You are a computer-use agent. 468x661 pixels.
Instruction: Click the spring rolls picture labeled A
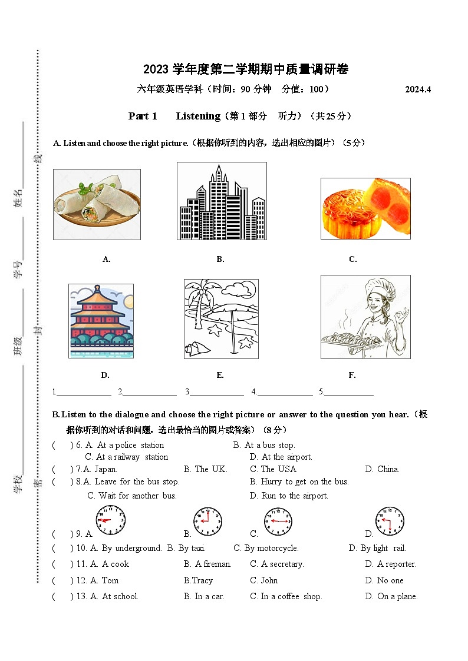point(97,204)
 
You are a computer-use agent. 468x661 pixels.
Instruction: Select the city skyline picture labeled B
point(222,201)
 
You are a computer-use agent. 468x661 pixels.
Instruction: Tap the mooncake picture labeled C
point(365,208)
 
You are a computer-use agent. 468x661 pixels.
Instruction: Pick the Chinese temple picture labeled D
point(101,321)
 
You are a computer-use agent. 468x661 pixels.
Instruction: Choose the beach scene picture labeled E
point(220,318)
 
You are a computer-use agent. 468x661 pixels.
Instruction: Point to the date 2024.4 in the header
point(418,89)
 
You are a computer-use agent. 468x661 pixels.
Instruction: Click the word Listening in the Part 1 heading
point(198,116)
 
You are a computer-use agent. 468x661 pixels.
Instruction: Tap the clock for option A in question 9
point(111,520)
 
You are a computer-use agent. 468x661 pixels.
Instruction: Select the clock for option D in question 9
point(390,522)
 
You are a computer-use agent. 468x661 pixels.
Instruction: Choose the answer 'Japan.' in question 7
point(106,469)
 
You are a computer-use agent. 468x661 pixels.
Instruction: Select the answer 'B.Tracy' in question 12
point(198,580)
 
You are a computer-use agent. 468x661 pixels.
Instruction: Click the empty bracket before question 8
point(62,481)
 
